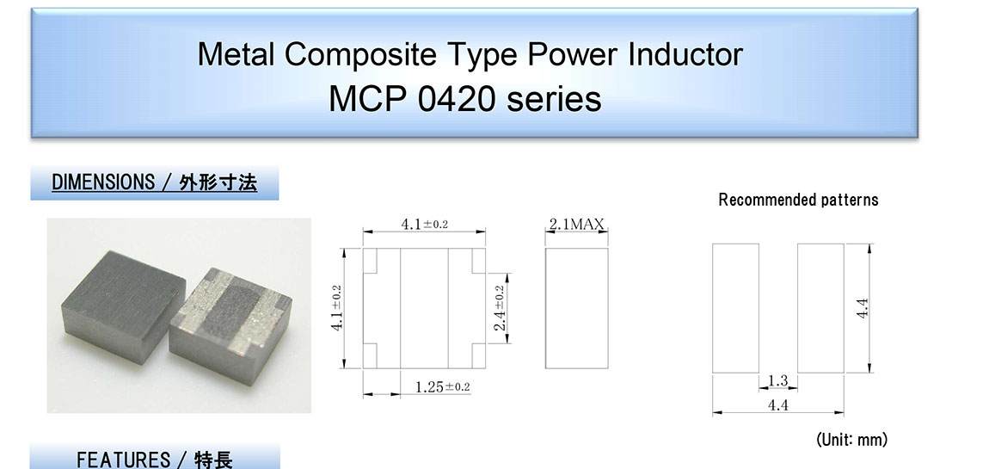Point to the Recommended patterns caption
click(798, 201)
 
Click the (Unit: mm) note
click(851, 440)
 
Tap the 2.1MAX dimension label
click(576, 224)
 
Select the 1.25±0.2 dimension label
click(443, 386)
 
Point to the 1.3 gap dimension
click(778, 380)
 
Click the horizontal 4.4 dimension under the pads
click(778, 405)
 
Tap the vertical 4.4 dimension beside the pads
click(863, 308)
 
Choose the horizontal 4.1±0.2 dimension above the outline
click(425, 224)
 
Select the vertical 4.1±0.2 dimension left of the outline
click(336, 309)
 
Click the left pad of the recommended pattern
click(735, 308)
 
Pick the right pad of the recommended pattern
click(820, 308)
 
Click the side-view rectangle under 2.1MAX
click(576, 308)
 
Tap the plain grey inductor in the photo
click(124, 306)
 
